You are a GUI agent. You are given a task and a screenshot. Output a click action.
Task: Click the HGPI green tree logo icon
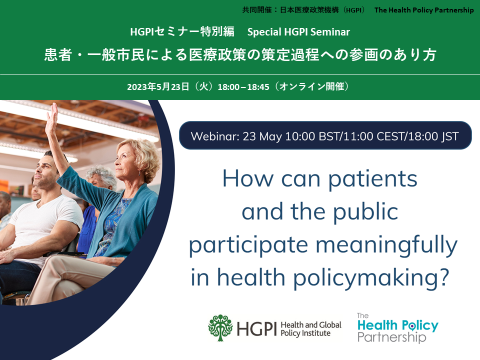(220, 327)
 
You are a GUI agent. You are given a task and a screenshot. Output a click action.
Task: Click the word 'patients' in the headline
(372, 179)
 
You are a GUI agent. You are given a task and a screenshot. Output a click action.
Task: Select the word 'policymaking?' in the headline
(371, 278)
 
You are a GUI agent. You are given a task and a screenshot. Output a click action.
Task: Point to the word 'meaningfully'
(386, 245)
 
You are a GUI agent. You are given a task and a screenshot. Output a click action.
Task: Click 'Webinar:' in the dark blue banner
(215, 136)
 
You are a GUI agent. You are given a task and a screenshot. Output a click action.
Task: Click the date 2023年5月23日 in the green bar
(158, 87)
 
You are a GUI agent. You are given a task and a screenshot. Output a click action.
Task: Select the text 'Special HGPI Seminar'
(298, 32)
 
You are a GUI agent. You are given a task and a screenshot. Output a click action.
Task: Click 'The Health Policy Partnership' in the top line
(424, 10)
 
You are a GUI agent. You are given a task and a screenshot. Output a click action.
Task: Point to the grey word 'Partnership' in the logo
(392, 337)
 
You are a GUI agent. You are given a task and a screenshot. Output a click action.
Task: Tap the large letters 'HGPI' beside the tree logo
(256, 329)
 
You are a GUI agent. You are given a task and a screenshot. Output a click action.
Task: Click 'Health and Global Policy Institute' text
(311, 329)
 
